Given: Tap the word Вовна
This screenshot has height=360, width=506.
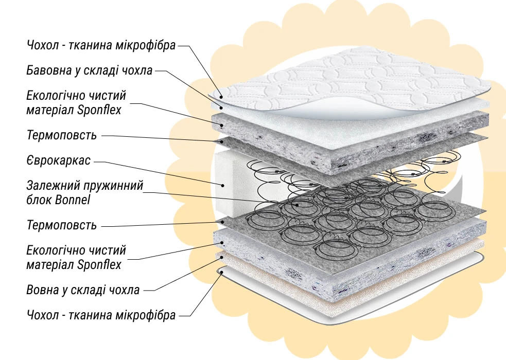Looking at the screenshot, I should [x=43, y=290].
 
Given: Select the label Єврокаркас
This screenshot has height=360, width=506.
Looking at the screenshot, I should [x=59, y=160].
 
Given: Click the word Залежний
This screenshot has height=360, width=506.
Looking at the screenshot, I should [x=50, y=185].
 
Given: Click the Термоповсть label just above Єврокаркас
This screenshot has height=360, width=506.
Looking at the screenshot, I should [x=62, y=136].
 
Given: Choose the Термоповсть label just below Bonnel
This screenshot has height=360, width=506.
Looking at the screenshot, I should [x=62, y=225].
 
